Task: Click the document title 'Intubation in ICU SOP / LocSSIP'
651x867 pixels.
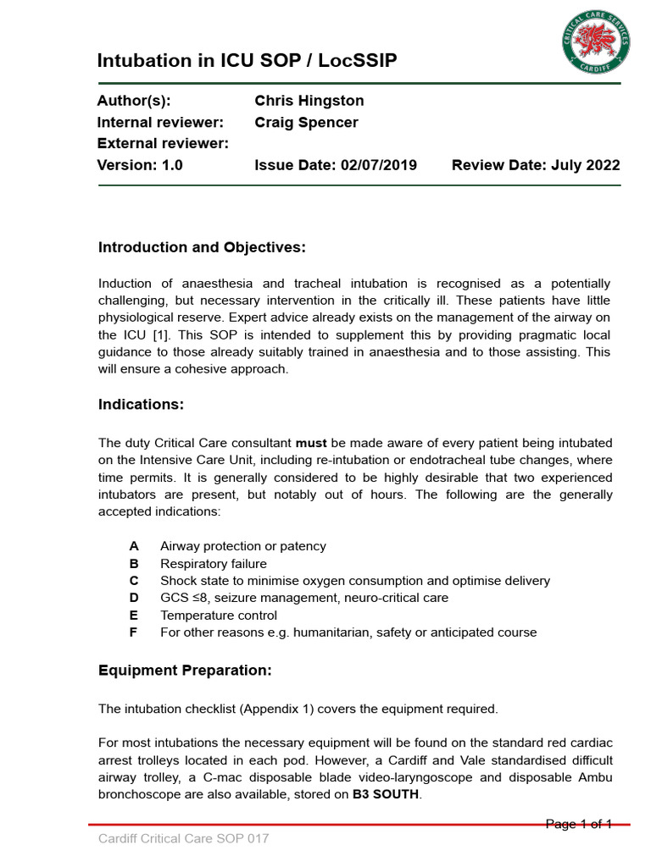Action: (x=247, y=61)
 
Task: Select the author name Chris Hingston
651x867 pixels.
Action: (x=309, y=101)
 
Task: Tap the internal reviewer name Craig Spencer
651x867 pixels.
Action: (x=306, y=123)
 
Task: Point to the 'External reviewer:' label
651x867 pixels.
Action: (x=163, y=144)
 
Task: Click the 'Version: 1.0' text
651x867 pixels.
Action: (x=140, y=166)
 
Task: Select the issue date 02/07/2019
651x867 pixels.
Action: (x=377, y=166)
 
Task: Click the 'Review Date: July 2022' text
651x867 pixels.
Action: (x=536, y=166)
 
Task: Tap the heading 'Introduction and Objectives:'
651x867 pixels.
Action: (x=202, y=247)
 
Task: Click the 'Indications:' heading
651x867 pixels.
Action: (x=141, y=405)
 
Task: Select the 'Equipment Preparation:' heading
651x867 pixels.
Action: (x=185, y=671)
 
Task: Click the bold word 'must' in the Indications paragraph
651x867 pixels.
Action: (x=311, y=444)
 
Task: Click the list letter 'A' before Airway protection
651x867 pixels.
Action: (x=134, y=547)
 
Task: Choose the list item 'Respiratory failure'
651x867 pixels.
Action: (x=213, y=564)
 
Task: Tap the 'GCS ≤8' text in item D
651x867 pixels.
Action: (x=183, y=598)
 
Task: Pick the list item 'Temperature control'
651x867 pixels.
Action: (x=218, y=616)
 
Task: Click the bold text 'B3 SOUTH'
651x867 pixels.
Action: (x=386, y=794)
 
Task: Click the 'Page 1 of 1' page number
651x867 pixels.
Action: (x=578, y=824)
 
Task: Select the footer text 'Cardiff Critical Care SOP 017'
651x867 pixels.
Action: (x=184, y=839)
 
